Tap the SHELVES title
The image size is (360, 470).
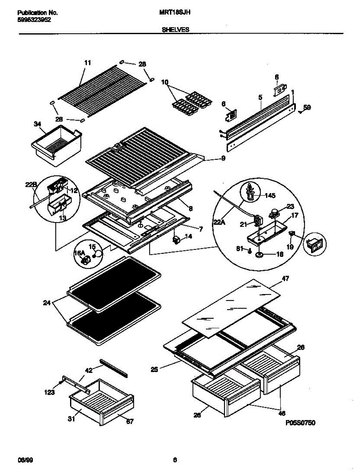(x=176, y=29)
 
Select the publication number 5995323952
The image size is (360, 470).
(x=34, y=20)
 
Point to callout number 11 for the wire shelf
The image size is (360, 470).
(x=87, y=63)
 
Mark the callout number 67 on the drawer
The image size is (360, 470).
(x=130, y=421)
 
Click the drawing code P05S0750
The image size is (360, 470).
(x=300, y=423)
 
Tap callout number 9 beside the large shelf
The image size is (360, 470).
(x=223, y=159)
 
